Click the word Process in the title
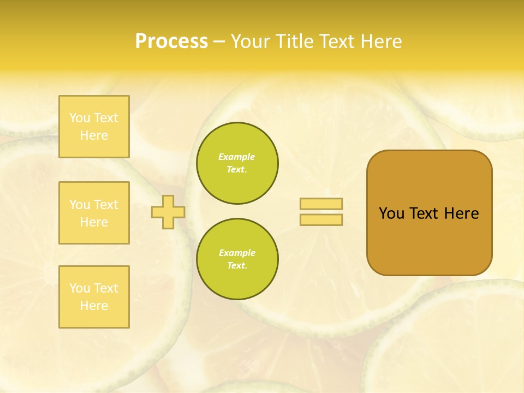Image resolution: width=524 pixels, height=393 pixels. coord(171,41)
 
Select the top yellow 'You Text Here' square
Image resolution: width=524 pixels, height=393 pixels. coord(94,127)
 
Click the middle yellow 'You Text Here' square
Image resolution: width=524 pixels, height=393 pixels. coord(94,213)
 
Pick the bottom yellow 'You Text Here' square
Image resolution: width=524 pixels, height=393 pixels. coord(94,297)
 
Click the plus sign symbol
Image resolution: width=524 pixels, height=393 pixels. coord(168,212)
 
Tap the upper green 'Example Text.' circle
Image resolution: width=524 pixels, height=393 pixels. coord(237,163)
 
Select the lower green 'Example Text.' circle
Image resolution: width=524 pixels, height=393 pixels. coord(237,259)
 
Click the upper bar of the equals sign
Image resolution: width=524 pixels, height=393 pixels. coord(321,204)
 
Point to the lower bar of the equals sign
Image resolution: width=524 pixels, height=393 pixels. coord(321,219)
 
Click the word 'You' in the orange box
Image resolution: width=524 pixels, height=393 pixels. coord(391,213)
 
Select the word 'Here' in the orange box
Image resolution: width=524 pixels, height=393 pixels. coord(461,213)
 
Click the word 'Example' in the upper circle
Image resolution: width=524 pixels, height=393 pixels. coord(237,157)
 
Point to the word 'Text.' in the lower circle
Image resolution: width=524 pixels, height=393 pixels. coord(237,266)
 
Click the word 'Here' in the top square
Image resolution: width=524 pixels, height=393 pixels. coord(94,135)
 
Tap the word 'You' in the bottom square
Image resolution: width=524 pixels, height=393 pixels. coord(80,288)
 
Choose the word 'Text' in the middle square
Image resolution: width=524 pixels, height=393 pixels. coord(105,205)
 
